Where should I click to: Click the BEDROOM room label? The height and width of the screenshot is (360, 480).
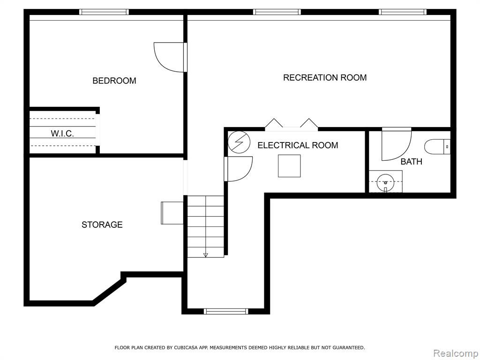coord(114,81)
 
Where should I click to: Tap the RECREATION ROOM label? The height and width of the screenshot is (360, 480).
coord(325,77)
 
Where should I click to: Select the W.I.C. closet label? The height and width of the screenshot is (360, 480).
coord(62,134)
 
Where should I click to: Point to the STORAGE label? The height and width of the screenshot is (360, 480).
coord(102,225)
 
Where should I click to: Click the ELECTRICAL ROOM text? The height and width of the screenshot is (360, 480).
coord(298,145)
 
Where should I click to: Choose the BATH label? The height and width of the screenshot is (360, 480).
coord(412,161)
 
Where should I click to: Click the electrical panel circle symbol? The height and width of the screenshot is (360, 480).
coord(239,142)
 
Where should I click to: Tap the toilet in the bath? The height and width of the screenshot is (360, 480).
coord(437,147)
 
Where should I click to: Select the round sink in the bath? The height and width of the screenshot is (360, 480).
coord(385,183)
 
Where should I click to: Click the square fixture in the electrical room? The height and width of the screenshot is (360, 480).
coord(289,166)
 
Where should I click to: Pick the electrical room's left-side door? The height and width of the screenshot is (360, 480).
coord(238,169)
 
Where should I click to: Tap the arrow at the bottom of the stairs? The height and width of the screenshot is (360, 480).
coord(205,255)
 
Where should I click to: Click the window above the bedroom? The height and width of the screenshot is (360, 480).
coord(104,12)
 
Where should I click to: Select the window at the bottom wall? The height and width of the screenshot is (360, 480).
coord(226,311)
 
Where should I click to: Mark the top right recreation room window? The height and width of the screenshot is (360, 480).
coord(403,12)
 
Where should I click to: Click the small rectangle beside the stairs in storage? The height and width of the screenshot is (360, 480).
coord(172,213)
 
